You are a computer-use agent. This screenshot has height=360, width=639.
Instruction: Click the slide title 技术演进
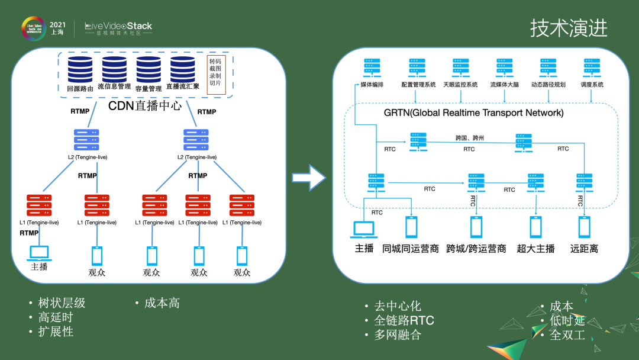[568, 28]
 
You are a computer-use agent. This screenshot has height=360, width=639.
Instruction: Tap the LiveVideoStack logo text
[118, 26]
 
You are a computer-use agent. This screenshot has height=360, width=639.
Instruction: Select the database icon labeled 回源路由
[80, 70]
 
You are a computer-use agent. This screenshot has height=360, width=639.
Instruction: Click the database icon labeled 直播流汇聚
[183, 70]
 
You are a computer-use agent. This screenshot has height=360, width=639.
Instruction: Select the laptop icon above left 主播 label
[39, 253]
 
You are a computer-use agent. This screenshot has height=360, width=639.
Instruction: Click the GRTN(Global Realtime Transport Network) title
[473, 112]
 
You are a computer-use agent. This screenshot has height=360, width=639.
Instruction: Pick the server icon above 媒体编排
[372, 68]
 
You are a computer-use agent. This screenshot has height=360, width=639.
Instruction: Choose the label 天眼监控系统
[460, 85]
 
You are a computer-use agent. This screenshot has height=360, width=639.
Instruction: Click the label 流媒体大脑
[504, 85]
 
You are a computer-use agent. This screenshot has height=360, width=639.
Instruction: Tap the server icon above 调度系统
[592, 68]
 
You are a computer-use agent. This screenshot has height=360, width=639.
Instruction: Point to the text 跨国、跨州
[470, 137]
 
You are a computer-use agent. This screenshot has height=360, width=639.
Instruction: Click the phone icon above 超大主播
[535, 227]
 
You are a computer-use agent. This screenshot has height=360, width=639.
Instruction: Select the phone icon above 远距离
[584, 227]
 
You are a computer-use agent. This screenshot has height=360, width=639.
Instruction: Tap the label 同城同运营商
[410, 249]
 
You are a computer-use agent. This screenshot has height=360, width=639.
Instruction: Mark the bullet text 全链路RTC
[404, 320]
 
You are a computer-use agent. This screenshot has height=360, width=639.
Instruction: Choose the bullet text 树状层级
[62, 303]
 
